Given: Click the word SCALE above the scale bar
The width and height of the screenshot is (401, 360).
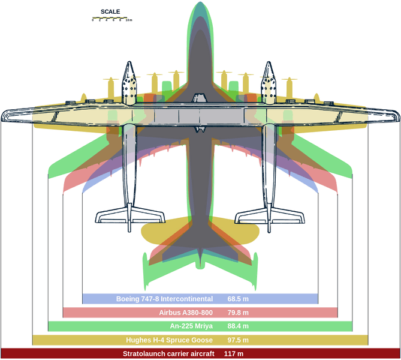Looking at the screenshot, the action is pos(110,12).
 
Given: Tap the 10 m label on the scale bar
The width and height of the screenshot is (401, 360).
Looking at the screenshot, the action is pos(129,20).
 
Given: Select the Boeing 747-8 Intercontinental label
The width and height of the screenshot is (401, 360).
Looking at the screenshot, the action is pos(164,299).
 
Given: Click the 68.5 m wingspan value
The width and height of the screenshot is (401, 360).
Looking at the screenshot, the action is pos(238,299).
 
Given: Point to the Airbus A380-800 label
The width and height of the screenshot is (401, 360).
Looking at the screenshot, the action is pos(186,313).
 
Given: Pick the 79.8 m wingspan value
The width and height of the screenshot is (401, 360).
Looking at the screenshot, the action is pos(238,313).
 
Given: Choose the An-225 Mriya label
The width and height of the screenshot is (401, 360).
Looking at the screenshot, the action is pos(191,326).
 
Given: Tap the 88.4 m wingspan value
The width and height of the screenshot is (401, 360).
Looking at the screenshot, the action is pos(238,326).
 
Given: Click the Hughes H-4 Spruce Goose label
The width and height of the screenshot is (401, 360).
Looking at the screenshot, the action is pos(169,340).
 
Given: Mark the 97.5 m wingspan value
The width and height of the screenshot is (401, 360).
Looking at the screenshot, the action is pos(238,340).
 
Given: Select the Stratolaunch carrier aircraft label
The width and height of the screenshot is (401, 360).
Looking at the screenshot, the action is pos(168,354).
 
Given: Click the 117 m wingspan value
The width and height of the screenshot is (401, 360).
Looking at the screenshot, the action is pos(234,354).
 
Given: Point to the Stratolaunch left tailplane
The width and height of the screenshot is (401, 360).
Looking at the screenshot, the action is pos(130,216).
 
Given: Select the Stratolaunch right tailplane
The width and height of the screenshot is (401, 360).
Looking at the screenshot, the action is pos(270,216).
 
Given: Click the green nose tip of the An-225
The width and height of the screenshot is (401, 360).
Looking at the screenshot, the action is pos(200,3).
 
